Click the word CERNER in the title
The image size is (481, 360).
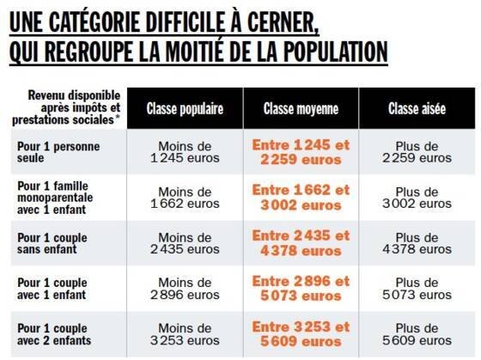tap(283, 22)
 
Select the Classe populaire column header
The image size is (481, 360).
tap(185, 108)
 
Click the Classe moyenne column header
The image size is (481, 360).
tap(301, 108)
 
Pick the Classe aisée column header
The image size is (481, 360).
tap(417, 108)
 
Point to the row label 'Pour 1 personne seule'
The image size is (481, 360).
tap(58, 152)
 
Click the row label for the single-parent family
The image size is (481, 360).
tap(55, 198)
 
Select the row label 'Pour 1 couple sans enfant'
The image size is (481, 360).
tap(52, 243)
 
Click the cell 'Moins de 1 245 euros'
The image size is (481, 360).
tap(185, 152)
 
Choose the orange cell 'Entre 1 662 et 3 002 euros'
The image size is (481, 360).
tap(301, 198)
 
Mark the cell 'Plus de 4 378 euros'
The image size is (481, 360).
tap(417, 243)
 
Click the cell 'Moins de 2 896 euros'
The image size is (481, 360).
tap(185, 289)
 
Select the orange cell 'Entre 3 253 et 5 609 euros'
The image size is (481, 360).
tap(301, 334)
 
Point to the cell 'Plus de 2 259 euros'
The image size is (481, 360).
tap(417, 152)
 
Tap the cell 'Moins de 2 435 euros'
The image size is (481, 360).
tap(185, 243)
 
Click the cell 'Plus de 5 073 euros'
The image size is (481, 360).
tap(417, 289)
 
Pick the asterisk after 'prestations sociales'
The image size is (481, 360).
tap(117, 118)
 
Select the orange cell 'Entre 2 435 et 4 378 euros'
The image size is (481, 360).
tap(301, 243)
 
